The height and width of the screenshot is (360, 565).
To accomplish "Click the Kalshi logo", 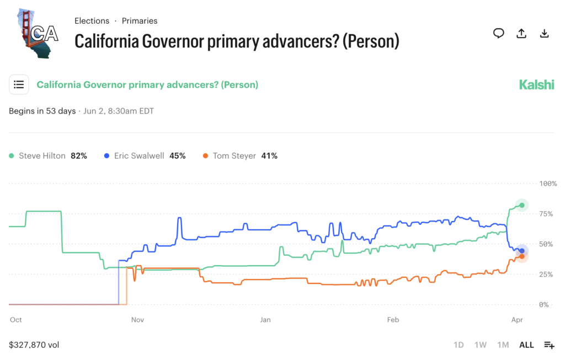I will (x=536, y=85).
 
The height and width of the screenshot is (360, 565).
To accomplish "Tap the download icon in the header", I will (x=544, y=34).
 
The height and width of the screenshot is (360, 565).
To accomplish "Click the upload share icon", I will (x=521, y=34).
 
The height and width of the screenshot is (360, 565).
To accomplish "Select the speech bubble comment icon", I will (x=499, y=34).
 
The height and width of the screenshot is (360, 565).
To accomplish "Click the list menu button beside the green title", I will (x=19, y=84).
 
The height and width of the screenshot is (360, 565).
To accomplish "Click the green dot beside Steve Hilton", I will (x=12, y=156).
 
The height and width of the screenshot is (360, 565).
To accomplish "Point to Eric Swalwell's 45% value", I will (x=177, y=156).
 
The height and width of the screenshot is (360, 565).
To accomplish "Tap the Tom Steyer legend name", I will (x=234, y=156).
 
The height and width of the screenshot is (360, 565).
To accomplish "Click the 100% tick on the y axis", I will (x=548, y=183).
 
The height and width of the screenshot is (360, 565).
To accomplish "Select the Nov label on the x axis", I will (x=137, y=319).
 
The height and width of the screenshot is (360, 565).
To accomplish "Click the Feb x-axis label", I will (x=393, y=319).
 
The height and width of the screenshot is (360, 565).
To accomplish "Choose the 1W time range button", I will (x=481, y=345).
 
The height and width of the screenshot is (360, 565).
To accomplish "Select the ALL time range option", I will (x=526, y=345).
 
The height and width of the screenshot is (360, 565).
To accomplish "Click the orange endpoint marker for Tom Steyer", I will (x=521, y=256).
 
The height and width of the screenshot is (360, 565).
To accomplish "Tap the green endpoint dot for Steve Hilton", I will (x=521, y=205).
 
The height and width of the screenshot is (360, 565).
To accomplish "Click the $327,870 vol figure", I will (x=34, y=345).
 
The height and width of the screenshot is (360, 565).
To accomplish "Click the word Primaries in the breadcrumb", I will (x=140, y=21).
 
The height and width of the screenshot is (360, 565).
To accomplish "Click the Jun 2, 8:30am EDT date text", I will (x=118, y=111).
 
